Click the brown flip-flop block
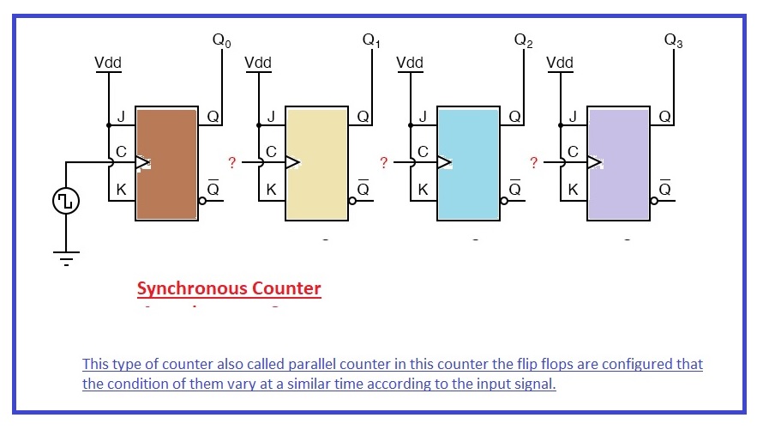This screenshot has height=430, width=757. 167,162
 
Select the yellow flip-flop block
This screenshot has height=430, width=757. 318,162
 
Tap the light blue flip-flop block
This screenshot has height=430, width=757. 468,162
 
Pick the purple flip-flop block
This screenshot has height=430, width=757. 618,162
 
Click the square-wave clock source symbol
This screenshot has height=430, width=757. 66,202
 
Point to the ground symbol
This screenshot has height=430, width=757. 66,256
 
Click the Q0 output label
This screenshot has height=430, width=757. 221,41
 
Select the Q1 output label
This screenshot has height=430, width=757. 371,41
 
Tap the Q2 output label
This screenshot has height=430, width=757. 522,41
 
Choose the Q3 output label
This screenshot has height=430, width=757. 673,41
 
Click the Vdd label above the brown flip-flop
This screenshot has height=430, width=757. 109,64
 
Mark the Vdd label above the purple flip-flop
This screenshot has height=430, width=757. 560,64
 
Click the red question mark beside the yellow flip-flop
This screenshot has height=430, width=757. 231,162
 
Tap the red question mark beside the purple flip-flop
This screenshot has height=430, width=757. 533,162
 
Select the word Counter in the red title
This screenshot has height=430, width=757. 287,288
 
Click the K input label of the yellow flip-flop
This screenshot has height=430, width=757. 271,190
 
